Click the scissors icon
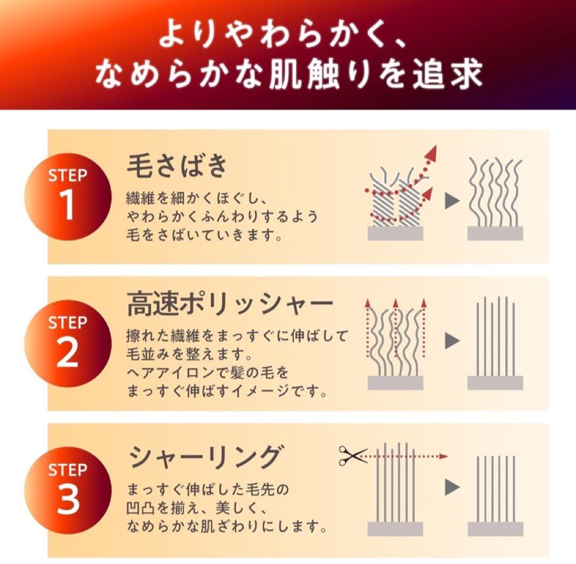pyautogui.click(x=353, y=456)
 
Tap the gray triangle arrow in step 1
pyautogui.click(x=452, y=201)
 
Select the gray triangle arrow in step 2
pyautogui.click(x=452, y=341)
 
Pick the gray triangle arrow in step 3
pyautogui.click(x=452, y=486)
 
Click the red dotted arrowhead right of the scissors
pyautogui.click(x=444, y=456)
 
